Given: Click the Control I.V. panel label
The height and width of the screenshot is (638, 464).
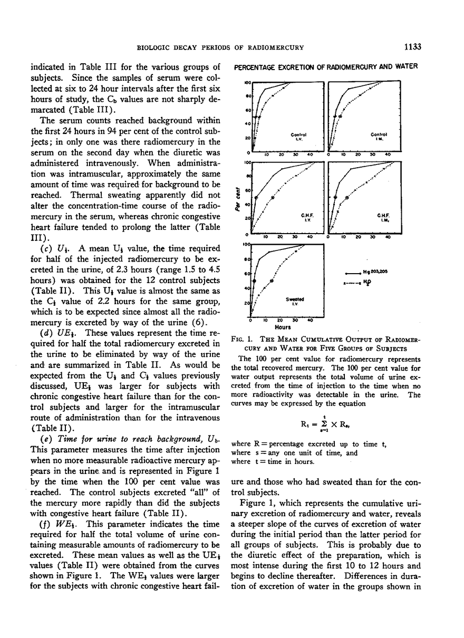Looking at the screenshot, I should (298, 136).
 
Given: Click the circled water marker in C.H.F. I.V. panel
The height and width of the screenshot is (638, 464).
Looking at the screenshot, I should (273, 198).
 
